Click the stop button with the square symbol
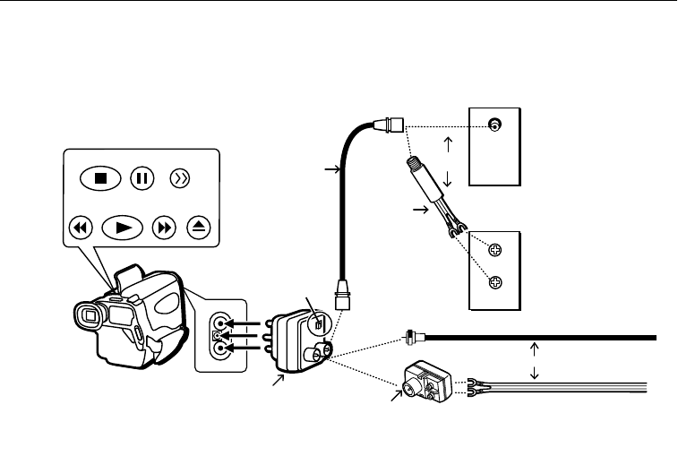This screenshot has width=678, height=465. tap(101, 177)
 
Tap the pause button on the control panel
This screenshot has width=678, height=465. tap(141, 177)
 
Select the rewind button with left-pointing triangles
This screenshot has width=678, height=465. tap(81, 228)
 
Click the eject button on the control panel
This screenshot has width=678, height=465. tap(200, 228)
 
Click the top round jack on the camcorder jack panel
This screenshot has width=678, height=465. tap(218, 324)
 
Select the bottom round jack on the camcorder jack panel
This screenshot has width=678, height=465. tap(218, 351)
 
